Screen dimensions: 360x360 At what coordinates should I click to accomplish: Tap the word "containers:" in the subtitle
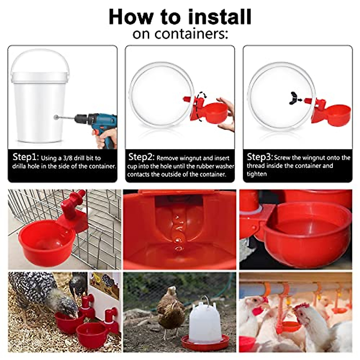click(x=191, y=34)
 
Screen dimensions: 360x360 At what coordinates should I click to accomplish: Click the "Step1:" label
click(x=25, y=157)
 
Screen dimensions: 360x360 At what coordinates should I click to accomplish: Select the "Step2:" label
click(x=141, y=157)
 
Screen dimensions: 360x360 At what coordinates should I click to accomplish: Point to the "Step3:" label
click(x=259, y=157)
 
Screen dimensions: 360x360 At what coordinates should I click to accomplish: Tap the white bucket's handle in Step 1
click(x=40, y=58)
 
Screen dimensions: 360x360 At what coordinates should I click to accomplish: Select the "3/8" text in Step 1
click(x=68, y=158)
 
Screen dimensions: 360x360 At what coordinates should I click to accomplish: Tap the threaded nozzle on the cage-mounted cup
click(x=77, y=198)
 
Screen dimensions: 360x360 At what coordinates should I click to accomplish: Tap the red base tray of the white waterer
click(x=205, y=342)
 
